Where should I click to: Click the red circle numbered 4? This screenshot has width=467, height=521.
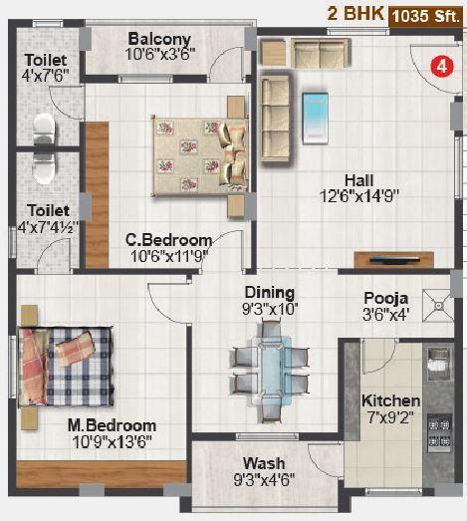click(x=436, y=67)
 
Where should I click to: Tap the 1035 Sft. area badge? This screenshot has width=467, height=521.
click(x=425, y=14)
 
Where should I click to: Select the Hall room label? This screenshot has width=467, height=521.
click(x=358, y=179)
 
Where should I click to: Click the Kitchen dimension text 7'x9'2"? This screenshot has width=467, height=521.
click(x=390, y=418)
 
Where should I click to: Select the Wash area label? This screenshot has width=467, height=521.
click(x=263, y=463)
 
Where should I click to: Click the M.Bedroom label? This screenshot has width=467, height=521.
click(x=112, y=425)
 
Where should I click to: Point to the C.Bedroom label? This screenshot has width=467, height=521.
click(x=168, y=240)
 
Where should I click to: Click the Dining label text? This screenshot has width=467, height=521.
click(x=270, y=292)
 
